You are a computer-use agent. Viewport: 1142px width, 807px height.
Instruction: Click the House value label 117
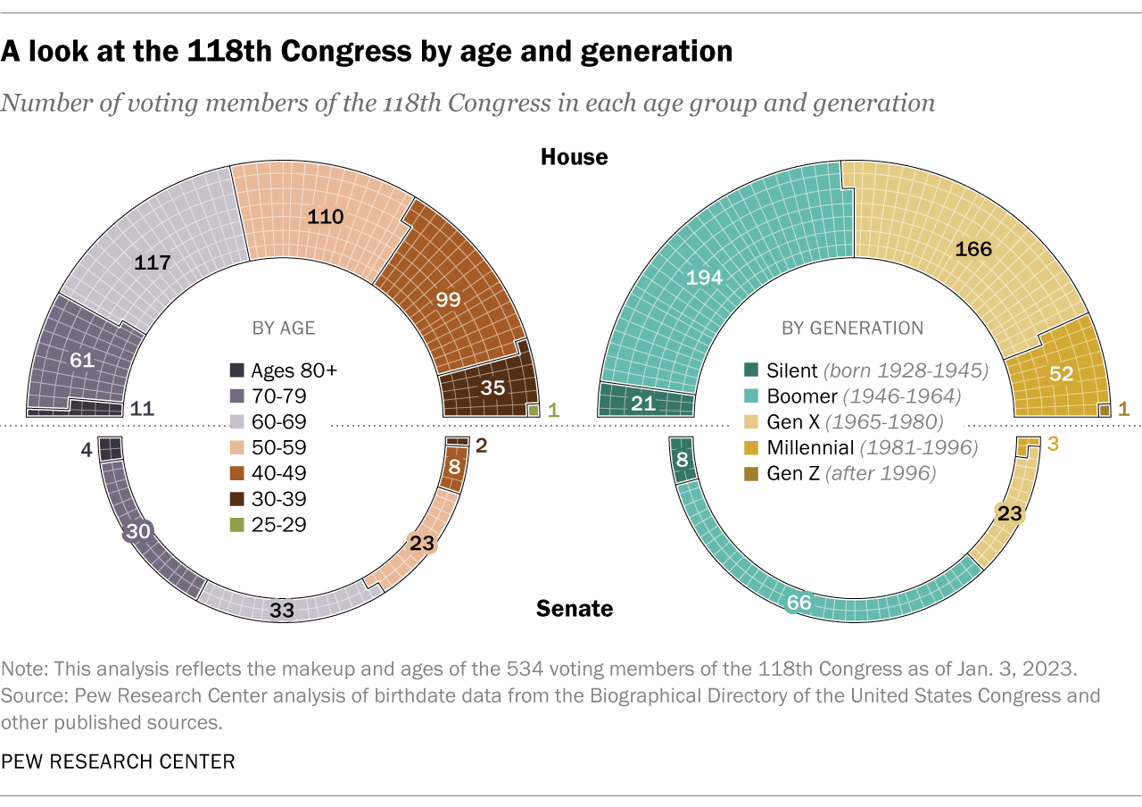pos(153,263)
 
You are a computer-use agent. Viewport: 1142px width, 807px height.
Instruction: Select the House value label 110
pos(327,216)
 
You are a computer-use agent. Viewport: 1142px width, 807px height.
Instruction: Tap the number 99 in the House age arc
pos(448,299)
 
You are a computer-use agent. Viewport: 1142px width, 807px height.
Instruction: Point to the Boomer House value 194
pos(704,278)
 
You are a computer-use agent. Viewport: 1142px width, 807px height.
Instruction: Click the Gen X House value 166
pos(973,249)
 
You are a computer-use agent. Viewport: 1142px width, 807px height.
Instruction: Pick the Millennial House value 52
pos(1061,374)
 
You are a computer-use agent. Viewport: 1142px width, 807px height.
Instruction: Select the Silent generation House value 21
pos(643,403)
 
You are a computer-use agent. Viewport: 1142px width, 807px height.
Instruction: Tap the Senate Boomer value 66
pos(799,603)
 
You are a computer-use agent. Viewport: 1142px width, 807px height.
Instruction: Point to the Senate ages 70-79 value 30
pos(137,531)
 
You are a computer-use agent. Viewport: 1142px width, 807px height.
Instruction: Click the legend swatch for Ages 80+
pos(237,370)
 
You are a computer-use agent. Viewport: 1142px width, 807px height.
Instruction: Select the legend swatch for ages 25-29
pos(237,525)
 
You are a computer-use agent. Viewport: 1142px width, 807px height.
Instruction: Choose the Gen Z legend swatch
pos(752,473)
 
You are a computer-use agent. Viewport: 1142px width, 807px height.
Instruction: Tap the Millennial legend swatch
pos(752,447)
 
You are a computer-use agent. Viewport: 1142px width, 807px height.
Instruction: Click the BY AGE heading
pos(284,328)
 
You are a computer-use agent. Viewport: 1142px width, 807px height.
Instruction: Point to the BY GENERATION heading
pos(852,328)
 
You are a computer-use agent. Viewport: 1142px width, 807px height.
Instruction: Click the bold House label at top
pos(574,157)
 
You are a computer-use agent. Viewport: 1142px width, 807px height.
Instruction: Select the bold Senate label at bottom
pos(575,609)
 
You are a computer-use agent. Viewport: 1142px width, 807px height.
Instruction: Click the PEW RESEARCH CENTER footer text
pos(118,761)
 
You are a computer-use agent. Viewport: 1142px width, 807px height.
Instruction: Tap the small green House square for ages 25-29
pos(534,411)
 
